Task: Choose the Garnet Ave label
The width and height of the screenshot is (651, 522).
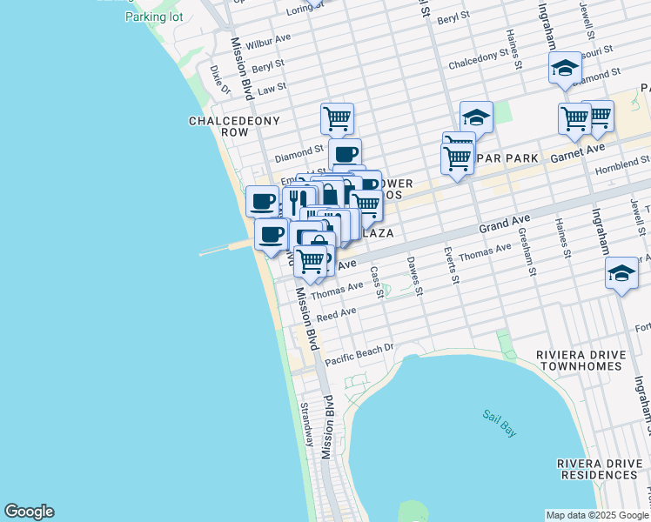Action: point(577,149)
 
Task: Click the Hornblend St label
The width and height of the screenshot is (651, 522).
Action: point(622,161)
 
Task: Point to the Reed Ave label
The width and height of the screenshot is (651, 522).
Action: point(336,314)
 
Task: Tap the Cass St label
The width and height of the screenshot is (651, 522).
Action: point(377,280)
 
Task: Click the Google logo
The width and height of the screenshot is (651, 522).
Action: point(29,512)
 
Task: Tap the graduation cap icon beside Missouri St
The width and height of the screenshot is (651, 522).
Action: point(564,69)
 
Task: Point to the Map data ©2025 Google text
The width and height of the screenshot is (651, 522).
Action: point(596,515)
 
